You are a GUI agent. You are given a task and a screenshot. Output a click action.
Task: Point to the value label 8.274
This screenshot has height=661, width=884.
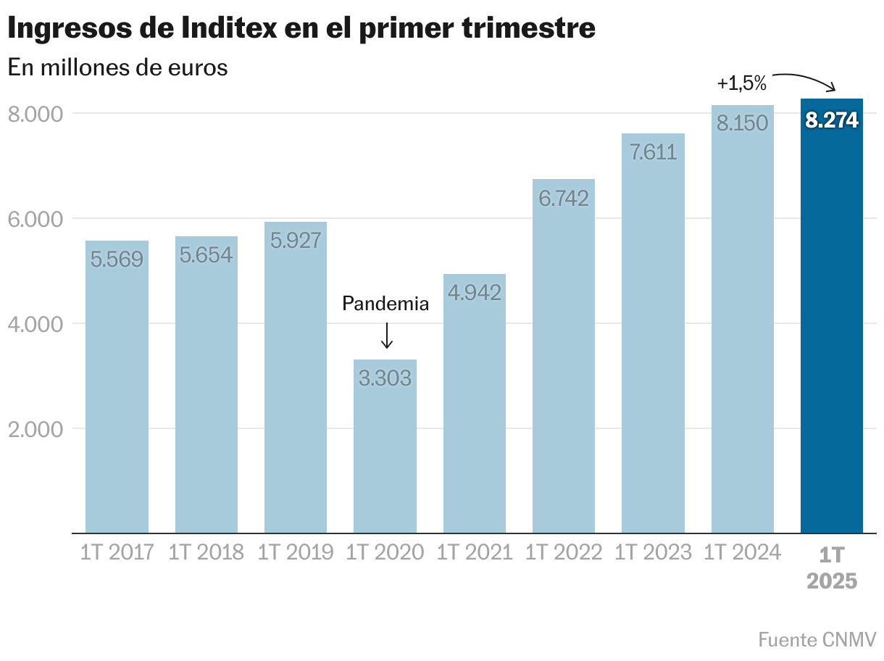[831, 120]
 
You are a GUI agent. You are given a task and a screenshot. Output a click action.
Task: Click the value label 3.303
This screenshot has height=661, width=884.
[385, 378]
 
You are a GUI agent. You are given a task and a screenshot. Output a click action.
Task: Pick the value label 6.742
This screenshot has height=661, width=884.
[564, 198]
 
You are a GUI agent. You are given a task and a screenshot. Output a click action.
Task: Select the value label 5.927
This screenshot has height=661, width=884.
[296, 240]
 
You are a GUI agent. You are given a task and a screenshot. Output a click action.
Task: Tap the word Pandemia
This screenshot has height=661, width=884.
[385, 304]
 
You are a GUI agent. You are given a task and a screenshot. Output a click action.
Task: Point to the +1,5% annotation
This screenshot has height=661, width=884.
[741, 83]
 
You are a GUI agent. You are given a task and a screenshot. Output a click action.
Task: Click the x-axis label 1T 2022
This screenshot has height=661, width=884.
[564, 553]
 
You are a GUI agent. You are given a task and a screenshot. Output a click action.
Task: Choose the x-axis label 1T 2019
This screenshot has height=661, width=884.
[296, 553]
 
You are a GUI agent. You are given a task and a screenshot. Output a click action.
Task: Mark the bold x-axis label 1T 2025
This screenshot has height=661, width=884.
[832, 568]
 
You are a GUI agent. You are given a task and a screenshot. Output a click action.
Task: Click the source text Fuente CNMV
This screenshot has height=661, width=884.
[817, 640]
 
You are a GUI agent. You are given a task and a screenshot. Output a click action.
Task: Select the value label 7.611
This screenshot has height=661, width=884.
[653, 152]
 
